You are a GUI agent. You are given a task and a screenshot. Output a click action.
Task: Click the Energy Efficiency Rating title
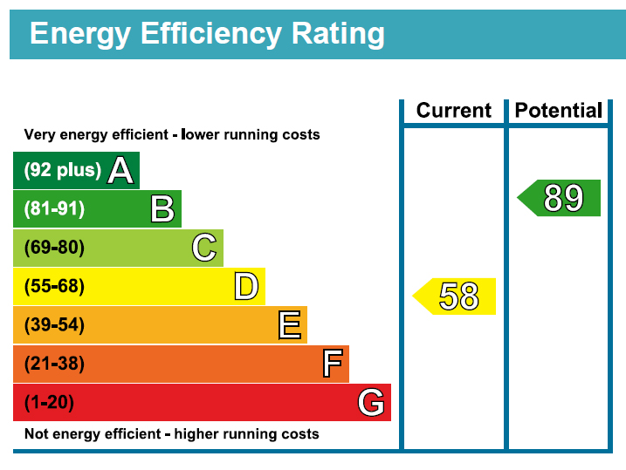tap(207, 34)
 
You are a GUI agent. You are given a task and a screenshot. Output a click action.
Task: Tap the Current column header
tap(454, 111)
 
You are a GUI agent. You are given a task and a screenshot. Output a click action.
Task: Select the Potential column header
tap(558, 111)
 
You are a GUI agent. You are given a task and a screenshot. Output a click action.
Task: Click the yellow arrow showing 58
tap(455, 296)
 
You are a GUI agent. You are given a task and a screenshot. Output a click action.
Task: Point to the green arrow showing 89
tap(560, 198)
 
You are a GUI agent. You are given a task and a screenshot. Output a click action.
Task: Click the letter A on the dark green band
tap(120, 171)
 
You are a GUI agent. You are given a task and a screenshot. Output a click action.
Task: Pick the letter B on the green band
tap(162, 209)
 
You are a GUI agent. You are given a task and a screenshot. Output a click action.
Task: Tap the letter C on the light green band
tap(204, 248)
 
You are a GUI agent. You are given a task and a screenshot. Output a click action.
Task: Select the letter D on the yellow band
tap(246, 286)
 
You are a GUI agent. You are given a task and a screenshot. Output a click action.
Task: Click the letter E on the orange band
tap(289, 325)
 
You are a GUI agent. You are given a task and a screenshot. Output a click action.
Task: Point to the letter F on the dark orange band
tap(332, 364)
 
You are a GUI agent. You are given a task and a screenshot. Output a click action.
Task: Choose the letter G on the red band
tap(371, 402)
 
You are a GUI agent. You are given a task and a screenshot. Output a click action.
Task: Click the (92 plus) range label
tap(62, 171)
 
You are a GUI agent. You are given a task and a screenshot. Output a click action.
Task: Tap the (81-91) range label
tap(54, 209)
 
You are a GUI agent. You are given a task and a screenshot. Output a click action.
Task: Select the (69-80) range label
tap(54, 248)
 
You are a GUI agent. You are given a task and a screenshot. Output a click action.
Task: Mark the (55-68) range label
tap(54, 286)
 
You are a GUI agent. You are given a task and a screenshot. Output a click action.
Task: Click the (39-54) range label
tap(54, 325)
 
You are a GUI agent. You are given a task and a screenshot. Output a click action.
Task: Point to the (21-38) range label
tap(54, 364)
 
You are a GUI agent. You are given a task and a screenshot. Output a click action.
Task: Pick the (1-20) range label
tap(50, 402)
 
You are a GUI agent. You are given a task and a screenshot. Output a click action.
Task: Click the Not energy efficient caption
tap(171, 433)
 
